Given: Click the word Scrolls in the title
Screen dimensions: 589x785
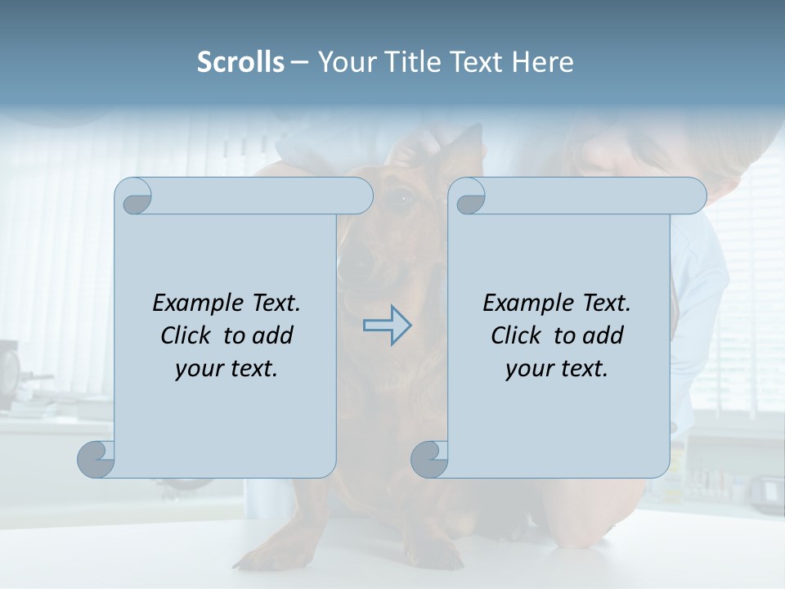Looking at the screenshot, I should click(240, 62).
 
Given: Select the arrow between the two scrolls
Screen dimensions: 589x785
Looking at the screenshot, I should click(387, 326).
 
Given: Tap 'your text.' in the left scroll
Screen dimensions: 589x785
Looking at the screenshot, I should click(227, 369).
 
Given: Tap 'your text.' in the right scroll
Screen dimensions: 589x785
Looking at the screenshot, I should click(557, 369).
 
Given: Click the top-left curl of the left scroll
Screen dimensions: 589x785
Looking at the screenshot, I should click(133, 196).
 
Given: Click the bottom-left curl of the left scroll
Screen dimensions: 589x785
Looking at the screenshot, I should click(96, 460).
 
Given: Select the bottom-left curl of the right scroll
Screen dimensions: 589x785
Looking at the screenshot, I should click(429, 460).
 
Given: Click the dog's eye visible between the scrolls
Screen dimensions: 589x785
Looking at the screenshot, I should click(402, 199).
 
